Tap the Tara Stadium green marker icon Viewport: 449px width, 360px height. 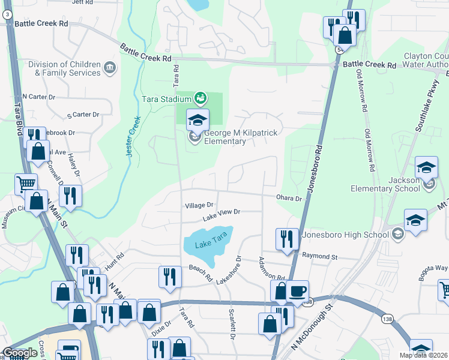coord(200,97)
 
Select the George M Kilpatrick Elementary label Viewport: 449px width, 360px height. coord(225,137)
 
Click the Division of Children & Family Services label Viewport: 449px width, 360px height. coord(68,68)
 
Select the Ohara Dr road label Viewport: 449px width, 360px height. coord(288,197)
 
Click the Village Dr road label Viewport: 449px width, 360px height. coord(199,205)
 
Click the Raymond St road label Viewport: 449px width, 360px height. coord(321,256)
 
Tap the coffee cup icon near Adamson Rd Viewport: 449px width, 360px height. coord(297,292)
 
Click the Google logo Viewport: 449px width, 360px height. coord(20,353)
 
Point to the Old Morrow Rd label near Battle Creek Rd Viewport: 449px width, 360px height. coord(362,91)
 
